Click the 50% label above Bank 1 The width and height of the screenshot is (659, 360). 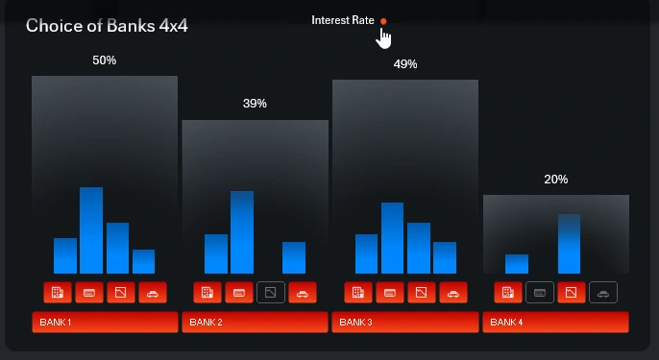point(104,60)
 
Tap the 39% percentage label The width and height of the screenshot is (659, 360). point(255,104)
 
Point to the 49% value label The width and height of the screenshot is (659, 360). point(405,64)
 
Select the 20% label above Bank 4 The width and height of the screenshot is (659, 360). point(555,180)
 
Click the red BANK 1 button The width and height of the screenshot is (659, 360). point(105,322)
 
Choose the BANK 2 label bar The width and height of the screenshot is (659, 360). point(255,322)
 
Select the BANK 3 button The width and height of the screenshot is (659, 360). point(405,322)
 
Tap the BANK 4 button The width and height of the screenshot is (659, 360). point(555,322)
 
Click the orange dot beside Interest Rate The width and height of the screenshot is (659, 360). point(383,20)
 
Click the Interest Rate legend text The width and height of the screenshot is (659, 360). point(343,20)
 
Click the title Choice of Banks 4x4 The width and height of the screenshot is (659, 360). point(107,26)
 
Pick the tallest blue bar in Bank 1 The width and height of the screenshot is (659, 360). point(91,230)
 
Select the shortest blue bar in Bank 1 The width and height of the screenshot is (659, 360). point(143,261)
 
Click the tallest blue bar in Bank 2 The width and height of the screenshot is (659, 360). point(242,232)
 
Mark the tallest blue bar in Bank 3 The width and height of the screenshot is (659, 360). point(393,238)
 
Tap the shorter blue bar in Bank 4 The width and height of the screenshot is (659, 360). point(517,264)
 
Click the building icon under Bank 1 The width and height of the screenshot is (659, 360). point(58,292)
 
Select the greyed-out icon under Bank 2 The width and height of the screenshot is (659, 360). point(271,292)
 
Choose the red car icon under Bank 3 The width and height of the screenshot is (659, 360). point(453,292)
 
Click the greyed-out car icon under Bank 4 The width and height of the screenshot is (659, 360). point(602,292)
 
